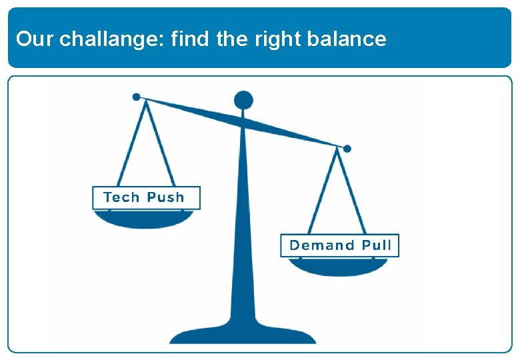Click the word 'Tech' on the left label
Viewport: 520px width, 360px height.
pyautogui.click(x=121, y=197)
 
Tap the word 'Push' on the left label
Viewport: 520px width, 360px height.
pyautogui.click(x=165, y=197)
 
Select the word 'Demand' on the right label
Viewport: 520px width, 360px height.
pyautogui.click(x=322, y=245)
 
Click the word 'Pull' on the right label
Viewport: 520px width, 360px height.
pyautogui.click(x=377, y=245)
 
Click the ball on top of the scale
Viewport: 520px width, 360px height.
pyautogui.click(x=243, y=101)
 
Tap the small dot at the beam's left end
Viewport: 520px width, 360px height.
pyautogui.click(x=137, y=97)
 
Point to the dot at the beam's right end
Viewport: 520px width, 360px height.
pyautogui.click(x=347, y=149)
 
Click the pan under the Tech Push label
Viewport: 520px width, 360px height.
pyautogui.click(x=145, y=219)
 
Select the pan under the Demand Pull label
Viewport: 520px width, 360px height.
pyautogui.click(x=338, y=267)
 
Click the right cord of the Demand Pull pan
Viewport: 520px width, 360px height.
pyautogui.click(x=353, y=193)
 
